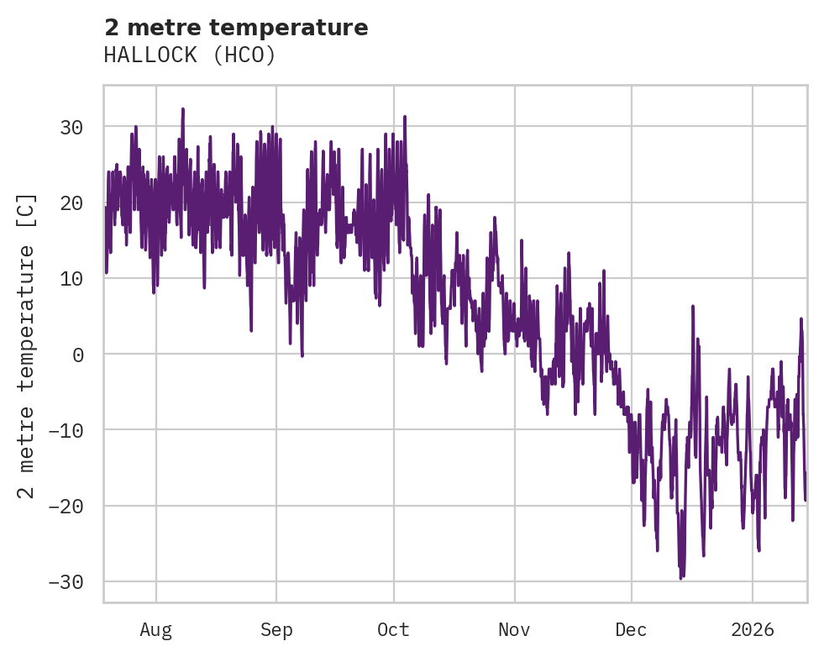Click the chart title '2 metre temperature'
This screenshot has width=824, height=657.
[x=236, y=28]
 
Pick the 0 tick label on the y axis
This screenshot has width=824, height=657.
[x=77, y=355]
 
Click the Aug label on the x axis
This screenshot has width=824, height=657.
[x=155, y=629]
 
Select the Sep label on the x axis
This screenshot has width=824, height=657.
[x=276, y=629]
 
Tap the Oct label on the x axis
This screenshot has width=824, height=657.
[x=393, y=629]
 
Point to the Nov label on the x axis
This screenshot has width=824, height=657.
[x=514, y=629]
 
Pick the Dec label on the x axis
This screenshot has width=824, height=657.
[x=632, y=629]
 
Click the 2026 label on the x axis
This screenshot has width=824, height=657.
[x=753, y=629]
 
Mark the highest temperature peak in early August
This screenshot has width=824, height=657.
[x=182, y=108]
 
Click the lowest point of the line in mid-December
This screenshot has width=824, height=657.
[x=681, y=578]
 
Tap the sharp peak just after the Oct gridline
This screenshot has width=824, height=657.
[x=404, y=117]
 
